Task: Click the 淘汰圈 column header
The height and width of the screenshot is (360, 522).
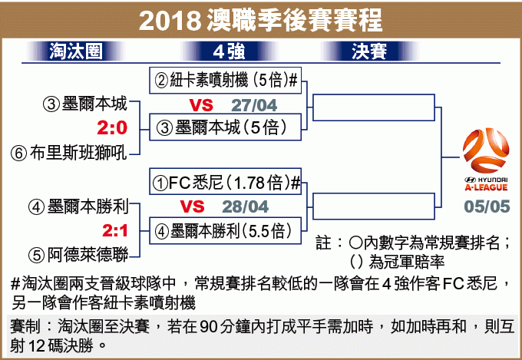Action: pos(75,51)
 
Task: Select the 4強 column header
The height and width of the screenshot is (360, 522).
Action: pos(229,51)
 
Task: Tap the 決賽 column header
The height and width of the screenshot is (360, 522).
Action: pos(369,51)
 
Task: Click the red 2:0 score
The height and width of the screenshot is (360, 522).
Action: pos(112,128)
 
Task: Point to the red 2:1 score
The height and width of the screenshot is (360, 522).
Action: pos(115,230)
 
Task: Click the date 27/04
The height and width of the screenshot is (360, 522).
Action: pos(254,105)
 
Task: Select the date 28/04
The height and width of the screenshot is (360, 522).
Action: pos(246,206)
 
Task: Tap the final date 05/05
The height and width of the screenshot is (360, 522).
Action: pos(487,206)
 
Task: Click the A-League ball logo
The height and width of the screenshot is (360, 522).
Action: pos(486,150)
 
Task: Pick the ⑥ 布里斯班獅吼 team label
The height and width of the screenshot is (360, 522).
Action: pos(69,154)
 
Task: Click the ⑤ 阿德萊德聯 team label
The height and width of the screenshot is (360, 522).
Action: pos(78,255)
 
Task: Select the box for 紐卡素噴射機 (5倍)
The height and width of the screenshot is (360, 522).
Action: pos(226,81)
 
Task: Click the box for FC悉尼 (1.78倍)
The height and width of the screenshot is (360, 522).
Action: pos(226,181)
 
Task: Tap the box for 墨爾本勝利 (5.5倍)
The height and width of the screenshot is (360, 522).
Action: pos(226,231)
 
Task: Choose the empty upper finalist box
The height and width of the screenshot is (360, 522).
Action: pos(374,107)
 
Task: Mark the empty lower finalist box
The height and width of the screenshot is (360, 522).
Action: pos(374,206)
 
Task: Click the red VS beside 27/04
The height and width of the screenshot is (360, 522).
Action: pos(201,105)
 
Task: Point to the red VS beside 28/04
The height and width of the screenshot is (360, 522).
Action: pos(192,206)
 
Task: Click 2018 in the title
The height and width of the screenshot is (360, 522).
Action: pos(170,20)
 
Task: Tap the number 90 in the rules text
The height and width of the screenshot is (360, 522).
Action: pos(209,327)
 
